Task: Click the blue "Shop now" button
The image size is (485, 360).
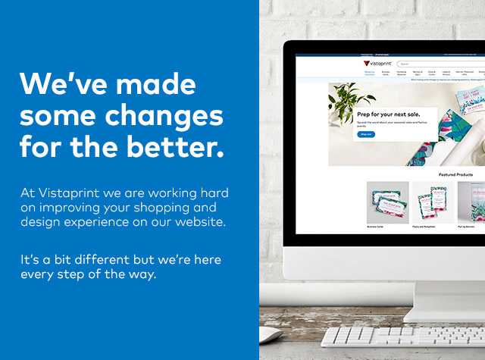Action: pos(365,134)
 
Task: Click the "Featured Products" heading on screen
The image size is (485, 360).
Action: pos(455,174)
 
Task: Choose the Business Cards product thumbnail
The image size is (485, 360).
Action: pos(387,202)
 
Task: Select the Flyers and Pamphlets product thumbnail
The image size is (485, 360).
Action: pos(432,202)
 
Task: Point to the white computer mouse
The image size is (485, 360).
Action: pos(269,334)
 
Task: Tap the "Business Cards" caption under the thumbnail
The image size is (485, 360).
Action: pos(377,227)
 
